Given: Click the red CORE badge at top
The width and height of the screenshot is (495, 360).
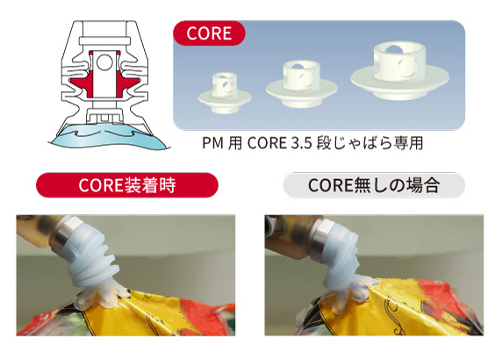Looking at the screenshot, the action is [x=209, y=33].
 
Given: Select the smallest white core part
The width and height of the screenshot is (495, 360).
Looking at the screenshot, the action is [x=225, y=93].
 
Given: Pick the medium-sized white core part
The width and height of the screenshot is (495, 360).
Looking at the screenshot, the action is [x=302, y=84].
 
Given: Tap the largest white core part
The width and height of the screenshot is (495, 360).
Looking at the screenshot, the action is [x=399, y=71].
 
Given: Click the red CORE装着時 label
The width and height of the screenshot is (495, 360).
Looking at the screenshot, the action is [x=127, y=185].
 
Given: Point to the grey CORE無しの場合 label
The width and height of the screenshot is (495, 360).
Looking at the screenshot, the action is [x=374, y=185].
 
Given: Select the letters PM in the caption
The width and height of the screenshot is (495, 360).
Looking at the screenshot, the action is [x=212, y=143].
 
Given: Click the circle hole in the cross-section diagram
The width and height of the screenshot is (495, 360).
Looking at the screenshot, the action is [x=104, y=62].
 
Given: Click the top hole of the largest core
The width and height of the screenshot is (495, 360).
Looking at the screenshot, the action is [x=394, y=49].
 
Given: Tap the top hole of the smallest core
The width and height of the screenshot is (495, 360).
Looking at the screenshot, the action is [x=224, y=76].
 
